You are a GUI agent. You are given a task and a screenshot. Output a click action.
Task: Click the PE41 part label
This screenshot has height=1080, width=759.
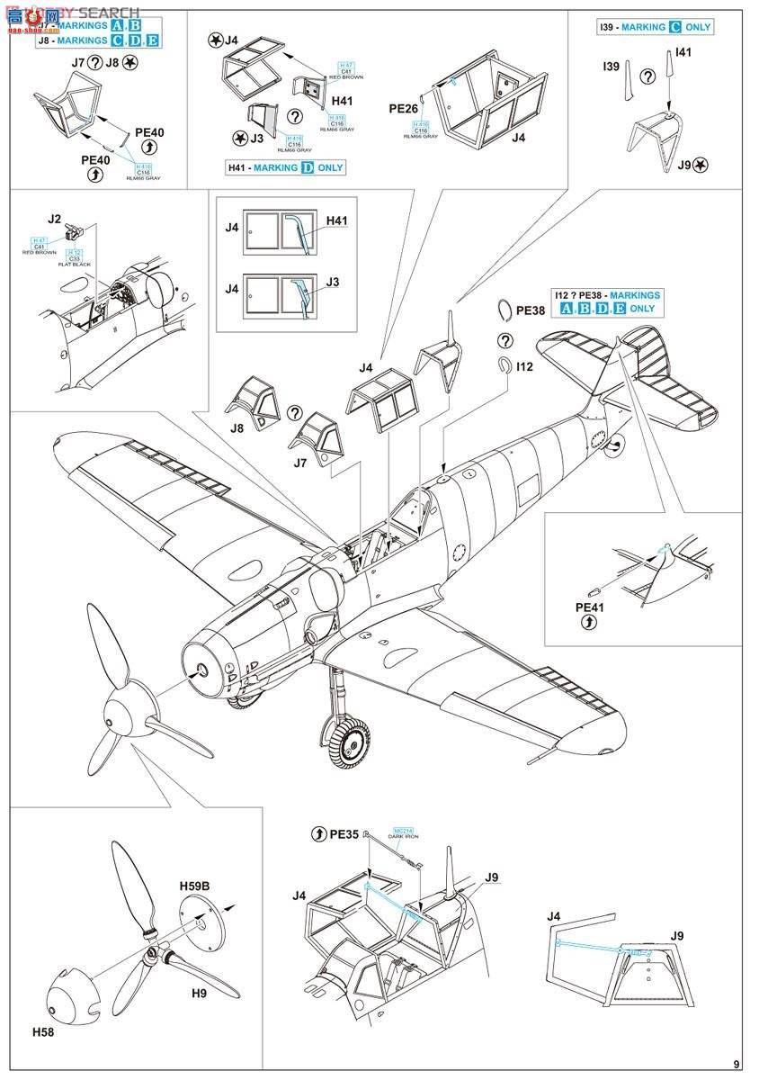[x=589, y=607]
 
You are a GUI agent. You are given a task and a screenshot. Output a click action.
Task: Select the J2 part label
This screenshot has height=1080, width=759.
[x=54, y=218]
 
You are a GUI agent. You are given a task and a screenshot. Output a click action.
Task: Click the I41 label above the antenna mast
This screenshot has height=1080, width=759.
[x=683, y=53]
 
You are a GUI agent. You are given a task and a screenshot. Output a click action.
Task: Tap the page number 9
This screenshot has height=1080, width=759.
[x=737, y=1064]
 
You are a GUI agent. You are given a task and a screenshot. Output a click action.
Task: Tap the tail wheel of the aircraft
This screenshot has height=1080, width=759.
[x=618, y=443]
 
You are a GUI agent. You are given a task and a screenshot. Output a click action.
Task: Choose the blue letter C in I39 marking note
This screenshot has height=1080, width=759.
[x=674, y=27]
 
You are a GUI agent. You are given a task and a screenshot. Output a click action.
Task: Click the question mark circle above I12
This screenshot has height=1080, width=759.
[x=505, y=340]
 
